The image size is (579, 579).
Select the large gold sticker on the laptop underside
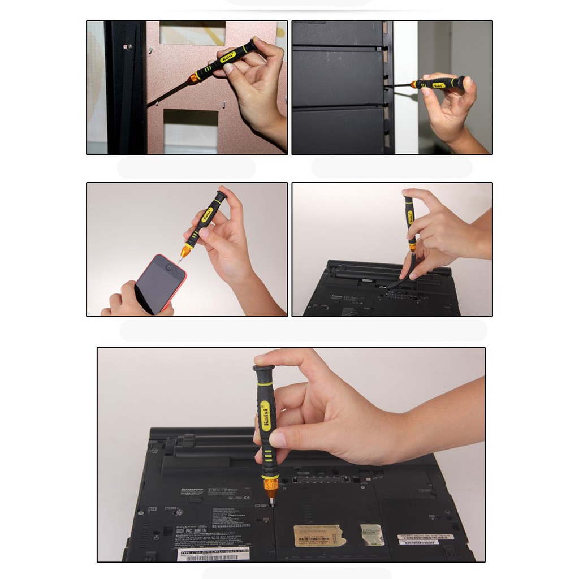coord(319,535)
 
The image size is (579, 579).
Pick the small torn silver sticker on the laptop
coord(373,534)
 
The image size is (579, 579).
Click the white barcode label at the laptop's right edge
coord(425,539)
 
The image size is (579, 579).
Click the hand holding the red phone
coord(130,299)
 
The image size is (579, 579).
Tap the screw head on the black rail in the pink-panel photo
coord(129,46)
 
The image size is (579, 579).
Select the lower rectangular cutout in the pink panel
coord(191,131)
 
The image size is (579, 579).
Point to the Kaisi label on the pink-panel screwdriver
coord(227,57)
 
